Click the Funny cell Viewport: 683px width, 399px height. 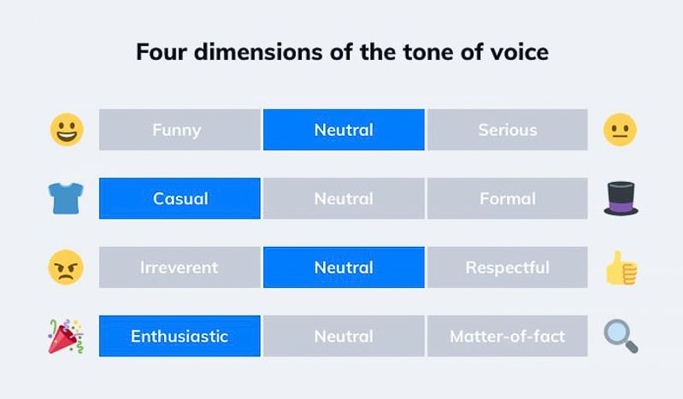pos(180,130)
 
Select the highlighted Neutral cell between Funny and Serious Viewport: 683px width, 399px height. pos(344,130)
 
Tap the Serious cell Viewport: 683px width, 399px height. pos(508,130)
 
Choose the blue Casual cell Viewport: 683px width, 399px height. pos(180,198)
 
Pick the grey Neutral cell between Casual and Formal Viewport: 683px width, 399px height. pos(344,198)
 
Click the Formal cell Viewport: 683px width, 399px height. pos(508,198)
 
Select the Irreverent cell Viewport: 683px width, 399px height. pos(180,267)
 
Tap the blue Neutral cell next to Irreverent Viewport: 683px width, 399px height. pos(344,267)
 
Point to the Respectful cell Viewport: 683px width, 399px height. pos(508,267)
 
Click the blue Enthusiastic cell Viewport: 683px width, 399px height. pos(180,336)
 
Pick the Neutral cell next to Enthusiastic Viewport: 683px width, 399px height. pos(344,336)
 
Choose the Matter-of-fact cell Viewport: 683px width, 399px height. pos(508,336)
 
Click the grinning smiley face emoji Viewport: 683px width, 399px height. pos(66,130)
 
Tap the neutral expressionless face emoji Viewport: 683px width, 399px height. pos(621,130)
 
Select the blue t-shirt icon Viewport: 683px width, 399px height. pos(66,198)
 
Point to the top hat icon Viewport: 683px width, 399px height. pos(621,198)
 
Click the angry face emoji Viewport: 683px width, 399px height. pos(66,267)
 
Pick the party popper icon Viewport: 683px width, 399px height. pos(66,336)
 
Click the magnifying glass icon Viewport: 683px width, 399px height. pos(621,336)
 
